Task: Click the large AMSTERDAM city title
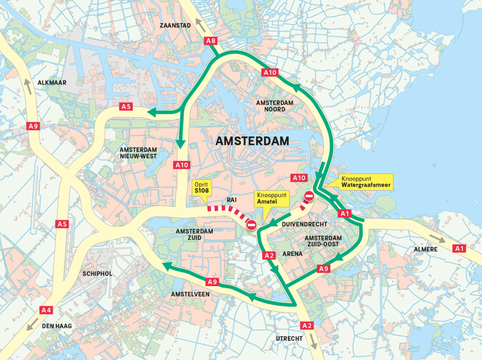point(252,141)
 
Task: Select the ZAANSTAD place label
point(176,25)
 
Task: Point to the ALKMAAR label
point(52,82)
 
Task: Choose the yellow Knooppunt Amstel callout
point(267,198)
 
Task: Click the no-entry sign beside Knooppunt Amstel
point(251,225)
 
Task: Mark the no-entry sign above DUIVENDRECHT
point(309,196)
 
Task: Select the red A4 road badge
point(46,310)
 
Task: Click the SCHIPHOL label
point(97,273)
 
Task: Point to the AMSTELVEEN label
point(191,294)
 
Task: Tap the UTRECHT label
point(289,338)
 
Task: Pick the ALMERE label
point(427,249)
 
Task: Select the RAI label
point(232,200)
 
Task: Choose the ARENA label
point(292,254)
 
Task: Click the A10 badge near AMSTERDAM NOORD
point(270,72)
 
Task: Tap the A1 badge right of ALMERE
point(459,248)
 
